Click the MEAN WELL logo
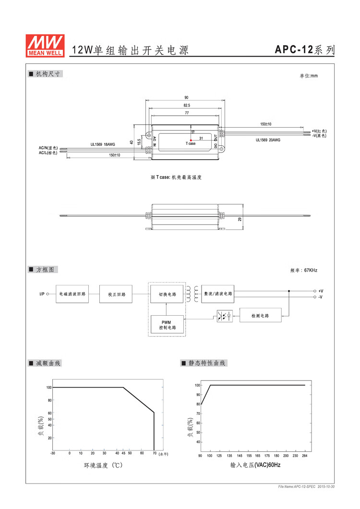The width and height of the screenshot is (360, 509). point(45,46)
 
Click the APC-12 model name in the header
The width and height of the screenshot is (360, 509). point(294,49)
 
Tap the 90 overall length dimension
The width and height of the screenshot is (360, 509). point(186,97)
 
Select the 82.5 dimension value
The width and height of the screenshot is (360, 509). point(187,105)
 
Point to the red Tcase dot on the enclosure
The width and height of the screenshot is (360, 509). point(191,140)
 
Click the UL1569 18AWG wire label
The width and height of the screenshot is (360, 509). point(103,144)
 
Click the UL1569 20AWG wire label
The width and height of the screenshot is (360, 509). point(268,140)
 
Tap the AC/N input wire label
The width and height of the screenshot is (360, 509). point(48,148)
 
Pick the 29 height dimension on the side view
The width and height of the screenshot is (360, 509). point(240,219)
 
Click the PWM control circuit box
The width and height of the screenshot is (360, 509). point(167,325)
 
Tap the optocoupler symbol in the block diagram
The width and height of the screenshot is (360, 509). point(225,316)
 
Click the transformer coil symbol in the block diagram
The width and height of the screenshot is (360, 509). point(192,294)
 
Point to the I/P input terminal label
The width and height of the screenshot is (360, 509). point(42,294)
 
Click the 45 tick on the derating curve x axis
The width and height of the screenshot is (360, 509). point(123,453)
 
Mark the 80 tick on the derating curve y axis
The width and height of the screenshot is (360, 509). point(50,400)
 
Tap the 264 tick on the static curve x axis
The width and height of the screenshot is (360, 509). point(304,456)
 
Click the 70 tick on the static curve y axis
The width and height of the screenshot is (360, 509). point(198,414)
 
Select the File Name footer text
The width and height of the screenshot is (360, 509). point(306,486)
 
